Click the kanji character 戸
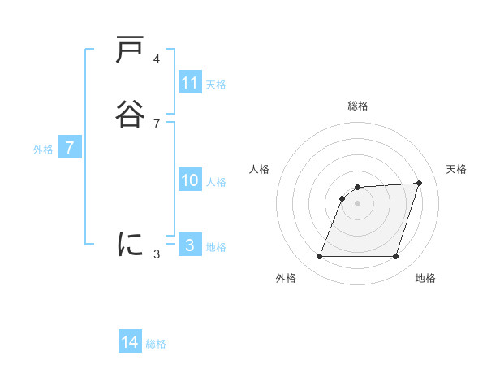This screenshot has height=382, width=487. click(x=131, y=50)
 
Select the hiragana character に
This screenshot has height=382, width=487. click(x=131, y=244)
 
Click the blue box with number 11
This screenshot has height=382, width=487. click(x=190, y=83)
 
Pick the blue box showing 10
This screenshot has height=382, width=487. click(x=190, y=180)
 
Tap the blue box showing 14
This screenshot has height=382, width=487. click(x=130, y=342)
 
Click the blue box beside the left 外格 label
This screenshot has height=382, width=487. click(x=71, y=148)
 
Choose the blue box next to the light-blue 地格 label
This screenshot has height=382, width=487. click(x=190, y=245)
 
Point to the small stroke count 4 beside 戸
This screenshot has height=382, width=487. click(x=157, y=59)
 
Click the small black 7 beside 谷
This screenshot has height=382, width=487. click(x=157, y=124)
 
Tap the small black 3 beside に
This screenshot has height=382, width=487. click(x=157, y=254)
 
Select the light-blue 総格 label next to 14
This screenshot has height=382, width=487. click(x=156, y=344)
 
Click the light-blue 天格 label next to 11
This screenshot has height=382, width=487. click(x=216, y=84)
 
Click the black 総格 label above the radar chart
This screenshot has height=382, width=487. click(x=358, y=106)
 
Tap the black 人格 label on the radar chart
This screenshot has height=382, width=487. click(x=260, y=169)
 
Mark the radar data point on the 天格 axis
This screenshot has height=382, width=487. click(x=420, y=183)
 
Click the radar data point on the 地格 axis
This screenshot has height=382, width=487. click(x=396, y=257)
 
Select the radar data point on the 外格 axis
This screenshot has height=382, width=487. click(x=319, y=257)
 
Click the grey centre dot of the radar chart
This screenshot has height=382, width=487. click(x=358, y=203)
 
